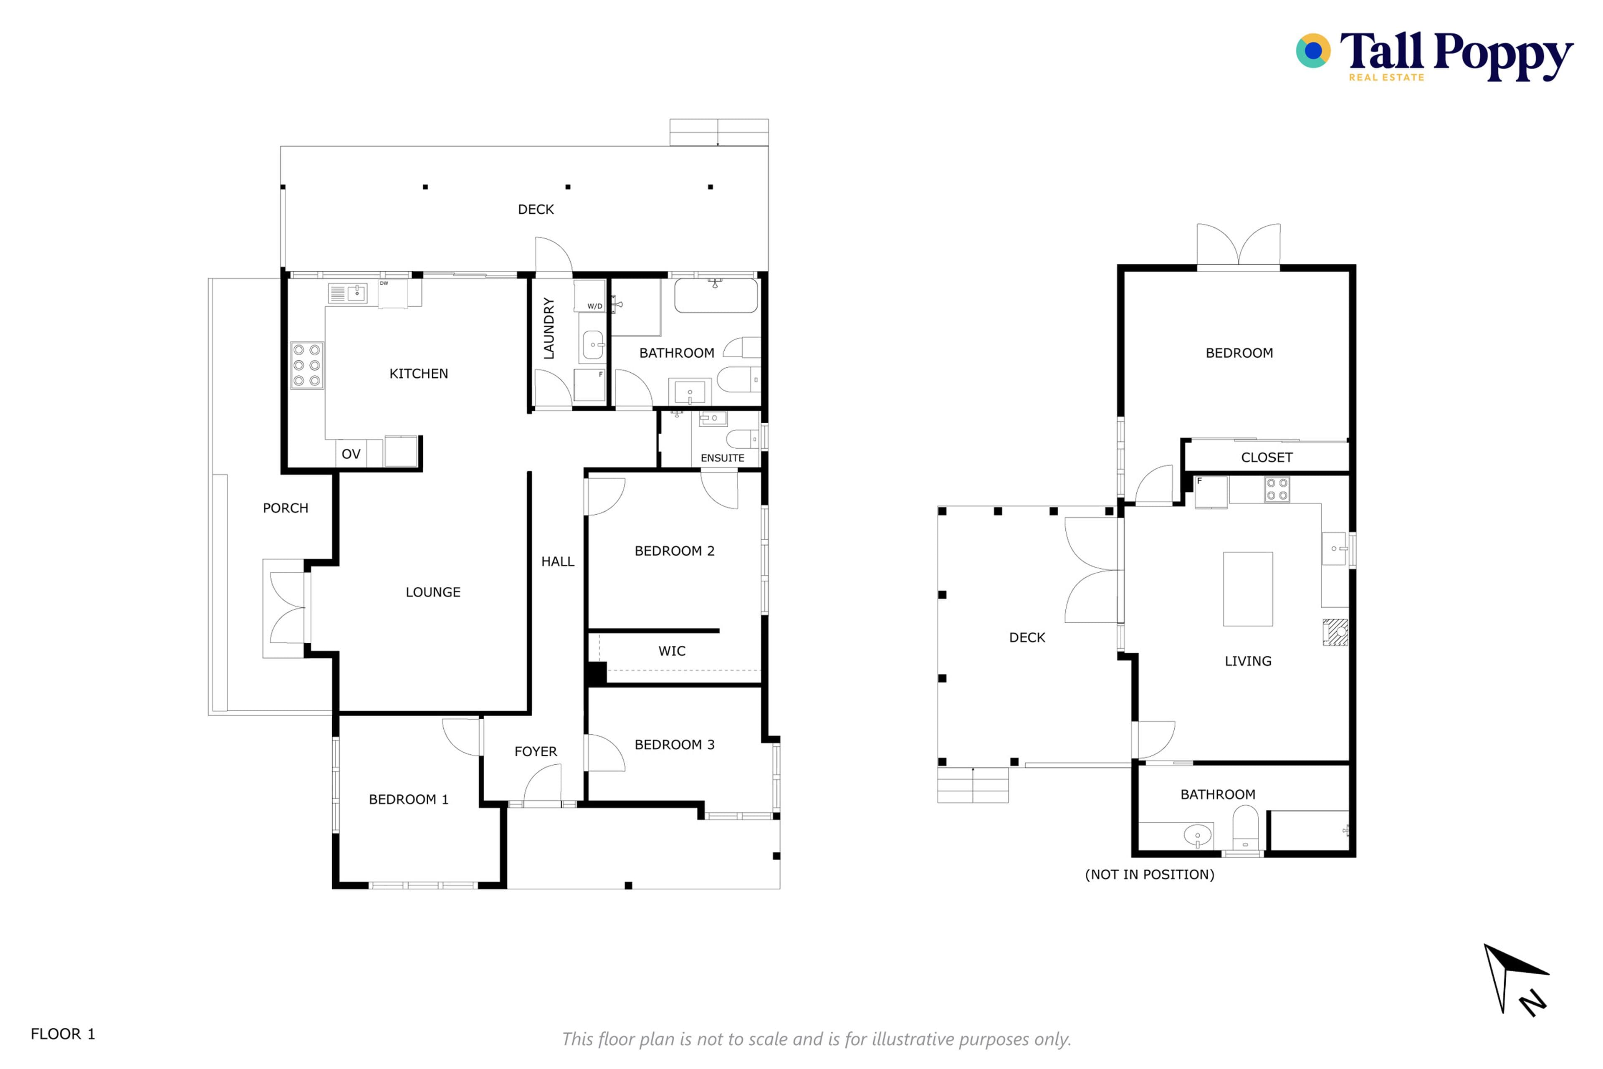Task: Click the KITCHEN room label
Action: pyautogui.click(x=419, y=374)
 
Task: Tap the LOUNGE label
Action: pyautogui.click(x=433, y=592)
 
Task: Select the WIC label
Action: pyautogui.click(x=672, y=651)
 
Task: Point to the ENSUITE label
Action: pyautogui.click(x=722, y=458)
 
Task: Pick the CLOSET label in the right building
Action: pyautogui.click(x=1266, y=457)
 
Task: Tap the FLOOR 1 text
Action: pyautogui.click(x=63, y=1034)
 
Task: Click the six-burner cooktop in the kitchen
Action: pyautogui.click(x=307, y=365)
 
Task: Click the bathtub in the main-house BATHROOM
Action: pyautogui.click(x=716, y=296)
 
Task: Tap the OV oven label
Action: pyautogui.click(x=351, y=454)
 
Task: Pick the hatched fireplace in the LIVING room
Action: pyautogui.click(x=1335, y=632)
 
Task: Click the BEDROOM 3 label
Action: pyautogui.click(x=674, y=745)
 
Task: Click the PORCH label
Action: pyautogui.click(x=286, y=508)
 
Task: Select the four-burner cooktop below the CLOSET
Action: pyautogui.click(x=1277, y=490)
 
